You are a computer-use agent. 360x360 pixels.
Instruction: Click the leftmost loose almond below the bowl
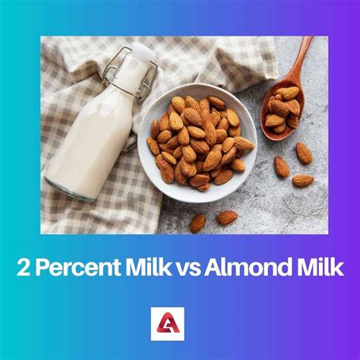pyautogui.click(x=197, y=223)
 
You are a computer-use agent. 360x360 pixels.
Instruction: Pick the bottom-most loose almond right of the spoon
pyautogui.click(x=302, y=181)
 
